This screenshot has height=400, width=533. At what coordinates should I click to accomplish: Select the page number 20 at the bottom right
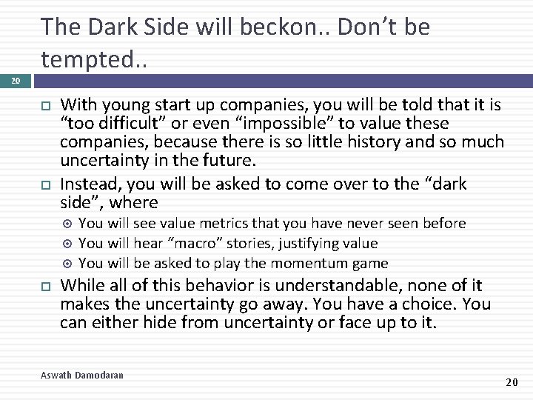[511, 381]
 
